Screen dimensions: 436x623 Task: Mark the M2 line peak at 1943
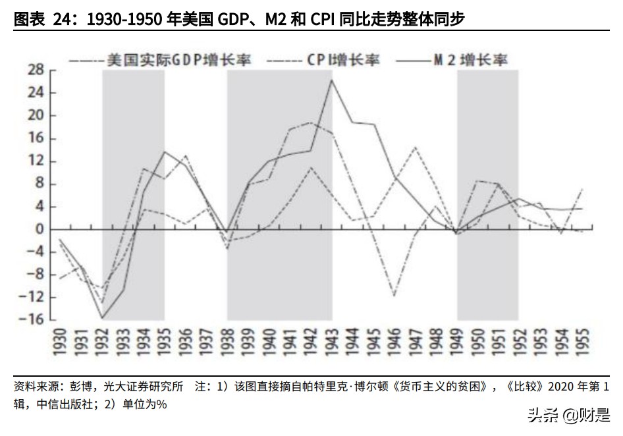point(332,80)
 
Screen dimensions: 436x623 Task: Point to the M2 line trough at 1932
point(103,318)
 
